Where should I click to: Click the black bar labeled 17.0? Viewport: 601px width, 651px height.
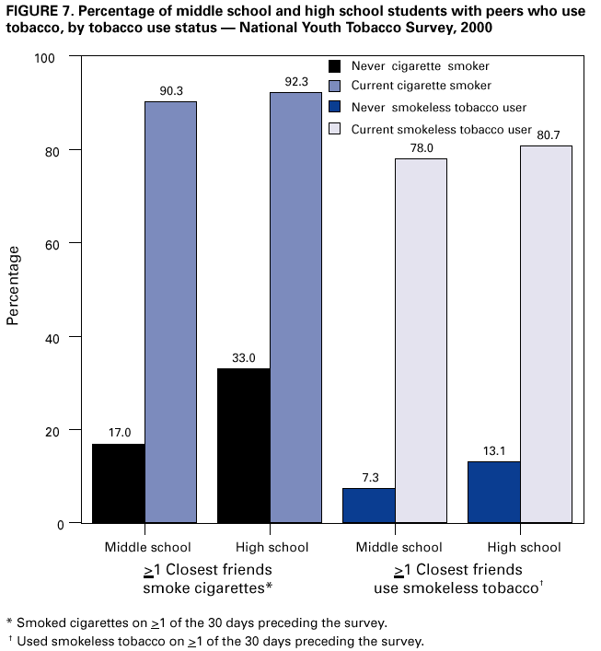(118, 483)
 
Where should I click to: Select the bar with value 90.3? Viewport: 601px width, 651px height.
(170, 312)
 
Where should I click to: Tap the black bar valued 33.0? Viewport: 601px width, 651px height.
(243, 446)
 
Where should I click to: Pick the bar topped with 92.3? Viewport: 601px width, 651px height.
(295, 308)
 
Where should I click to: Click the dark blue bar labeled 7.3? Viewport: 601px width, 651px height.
(369, 506)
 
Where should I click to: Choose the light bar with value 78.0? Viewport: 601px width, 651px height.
(421, 341)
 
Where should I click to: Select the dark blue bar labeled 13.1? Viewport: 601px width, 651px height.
(494, 493)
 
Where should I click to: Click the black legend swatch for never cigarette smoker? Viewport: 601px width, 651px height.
(335, 65)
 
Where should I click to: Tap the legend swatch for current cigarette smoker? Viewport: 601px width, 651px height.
(335, 86)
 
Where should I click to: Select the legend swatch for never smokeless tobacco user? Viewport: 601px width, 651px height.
(335, 108)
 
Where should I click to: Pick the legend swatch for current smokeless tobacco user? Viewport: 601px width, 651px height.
(335, 129)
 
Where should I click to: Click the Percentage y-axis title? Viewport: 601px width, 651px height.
(13, 285)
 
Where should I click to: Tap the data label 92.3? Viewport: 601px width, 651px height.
(296, 82)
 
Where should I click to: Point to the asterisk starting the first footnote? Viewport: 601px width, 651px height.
(9, 622)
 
